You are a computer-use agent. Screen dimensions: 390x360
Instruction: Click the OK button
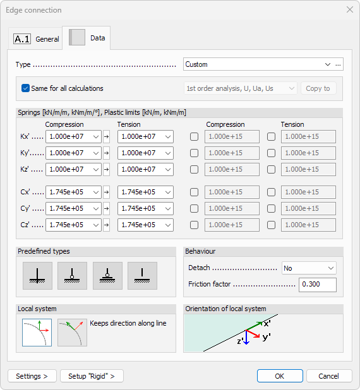click(x=280, y=376)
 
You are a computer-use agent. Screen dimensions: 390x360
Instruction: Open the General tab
click(x=37, y=38)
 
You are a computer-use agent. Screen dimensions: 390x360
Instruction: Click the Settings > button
click(x=32, y=376)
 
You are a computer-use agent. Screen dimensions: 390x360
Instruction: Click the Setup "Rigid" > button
click(x=92, y=376)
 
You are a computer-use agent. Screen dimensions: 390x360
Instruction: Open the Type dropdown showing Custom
click(x=258, y=64)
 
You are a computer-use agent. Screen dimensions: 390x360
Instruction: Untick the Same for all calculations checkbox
click(x=26, y=88)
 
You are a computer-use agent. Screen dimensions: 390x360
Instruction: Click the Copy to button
click(x=318, y=88)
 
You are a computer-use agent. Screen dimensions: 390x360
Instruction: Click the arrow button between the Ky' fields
click(x=106, y=153)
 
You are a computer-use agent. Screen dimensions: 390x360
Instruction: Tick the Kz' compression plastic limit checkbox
click(x=195, y=169)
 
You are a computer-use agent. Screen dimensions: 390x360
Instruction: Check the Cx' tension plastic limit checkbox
click(x=271, y=192)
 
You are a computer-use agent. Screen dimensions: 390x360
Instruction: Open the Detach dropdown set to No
click(x=309, y=268)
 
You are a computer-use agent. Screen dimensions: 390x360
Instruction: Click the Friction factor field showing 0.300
click(x=318, y=285)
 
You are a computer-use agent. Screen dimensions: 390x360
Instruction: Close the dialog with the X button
click(x=350, y=9)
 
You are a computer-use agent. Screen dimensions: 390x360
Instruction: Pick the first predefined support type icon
click(x=38, y=275)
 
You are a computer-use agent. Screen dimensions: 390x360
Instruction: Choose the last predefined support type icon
click(x=142, y=275)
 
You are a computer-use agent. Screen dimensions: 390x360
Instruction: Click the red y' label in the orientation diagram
click(x=267, y=338)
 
